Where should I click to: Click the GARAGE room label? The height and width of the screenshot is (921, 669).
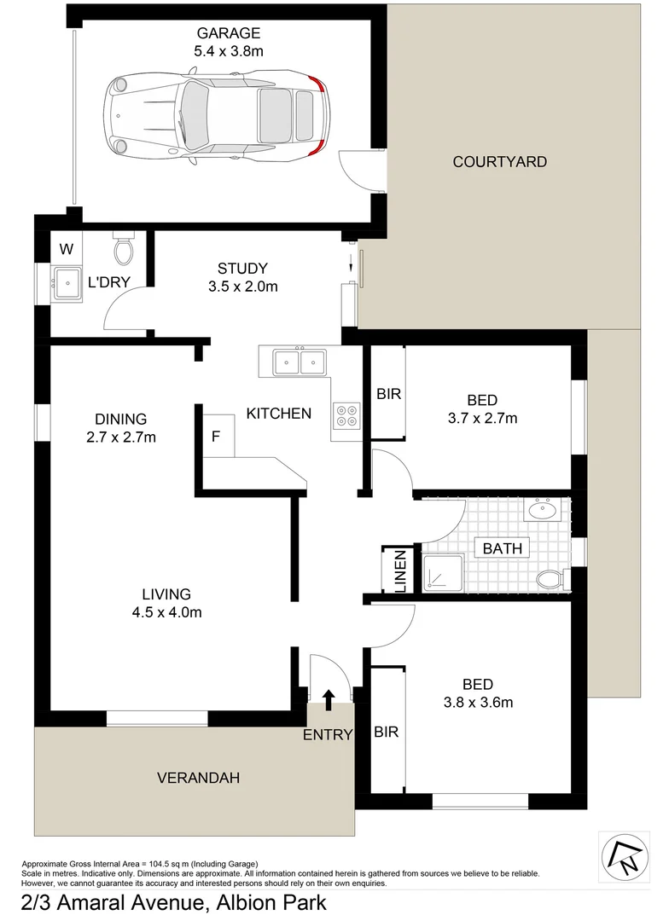(x=228, y=33)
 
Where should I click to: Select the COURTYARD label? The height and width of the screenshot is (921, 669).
(x=499, y=161)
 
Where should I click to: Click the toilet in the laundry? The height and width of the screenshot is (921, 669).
(x=124, y=248)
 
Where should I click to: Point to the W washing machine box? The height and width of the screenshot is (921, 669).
(x=67, y=249)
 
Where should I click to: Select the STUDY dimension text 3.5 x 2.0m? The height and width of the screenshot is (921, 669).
(x=243, y=287)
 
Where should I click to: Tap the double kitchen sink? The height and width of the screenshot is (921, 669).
(x=300, y=362)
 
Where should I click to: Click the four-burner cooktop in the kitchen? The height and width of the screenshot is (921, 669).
(x=347, y=414)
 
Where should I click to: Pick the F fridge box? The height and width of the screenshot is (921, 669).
(x=216, y=437)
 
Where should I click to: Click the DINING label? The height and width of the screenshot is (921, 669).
(x=120, y=419)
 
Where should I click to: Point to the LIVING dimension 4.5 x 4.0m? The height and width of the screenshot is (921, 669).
(x=166, y=611)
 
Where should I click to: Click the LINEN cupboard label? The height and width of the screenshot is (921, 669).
(x=399, y=570)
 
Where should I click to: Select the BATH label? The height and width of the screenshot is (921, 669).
(x=502, y=548)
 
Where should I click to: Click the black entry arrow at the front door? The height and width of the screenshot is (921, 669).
(x=329, y=700)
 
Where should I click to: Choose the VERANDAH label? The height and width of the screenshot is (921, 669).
(x=198, y=777)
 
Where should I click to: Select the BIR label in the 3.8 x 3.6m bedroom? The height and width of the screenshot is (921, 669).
(x=387, y=732)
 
